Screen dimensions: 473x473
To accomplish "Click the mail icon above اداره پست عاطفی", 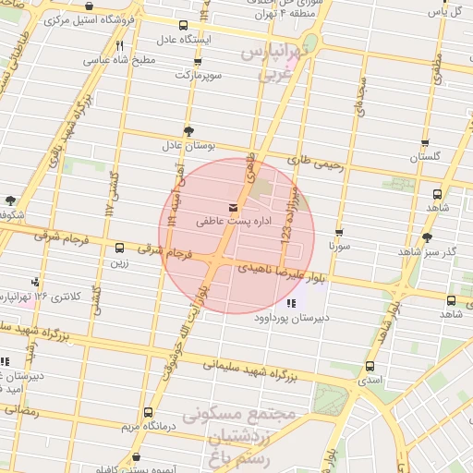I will [x=231, y=207].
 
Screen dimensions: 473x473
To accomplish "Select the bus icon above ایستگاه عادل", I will [x=183, y=26].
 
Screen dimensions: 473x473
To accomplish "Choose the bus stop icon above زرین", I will [x=119, y=248].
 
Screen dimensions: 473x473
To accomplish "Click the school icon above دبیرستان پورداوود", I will [x=292, y=303].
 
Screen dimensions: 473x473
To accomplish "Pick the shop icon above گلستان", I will [x=425, y=143].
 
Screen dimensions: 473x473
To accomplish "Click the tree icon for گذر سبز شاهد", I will [x=427, y=237].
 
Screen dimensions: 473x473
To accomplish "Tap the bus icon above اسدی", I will [x=370, y=366].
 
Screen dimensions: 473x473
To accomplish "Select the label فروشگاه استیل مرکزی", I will [x=99, y=18].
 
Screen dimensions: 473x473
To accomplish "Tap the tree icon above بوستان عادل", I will [x=189, y=130].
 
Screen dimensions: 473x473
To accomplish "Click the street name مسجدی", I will [x=358, y=95].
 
